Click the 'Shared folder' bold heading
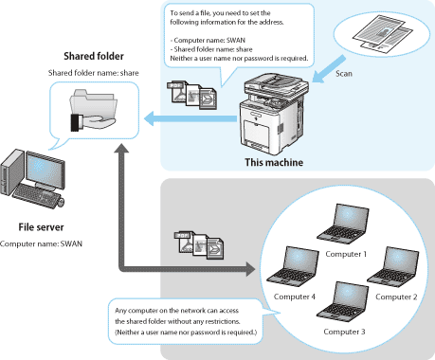tap(94, 56)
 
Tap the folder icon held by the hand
tap(94, 103)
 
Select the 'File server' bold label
tap(41, 227)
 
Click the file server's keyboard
tap(37, 196)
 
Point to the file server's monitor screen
tap(45, 170)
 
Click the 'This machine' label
tap(274, 162)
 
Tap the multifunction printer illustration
tap(273, 114)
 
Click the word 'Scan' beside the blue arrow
tap(344, 74)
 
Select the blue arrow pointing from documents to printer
tap(328, 69)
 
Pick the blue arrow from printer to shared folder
tap(190, 118)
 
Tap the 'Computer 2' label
tap(396, 297)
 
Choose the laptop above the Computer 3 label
tap(343, 301)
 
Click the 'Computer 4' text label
tap(295, 297)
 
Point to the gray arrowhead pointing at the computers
tap(250, 269)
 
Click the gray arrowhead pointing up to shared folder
tap(121, 148)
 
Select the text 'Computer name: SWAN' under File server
tap(41, 243)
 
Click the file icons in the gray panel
tap(199, 245)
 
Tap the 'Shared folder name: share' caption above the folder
tap(94, 73)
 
